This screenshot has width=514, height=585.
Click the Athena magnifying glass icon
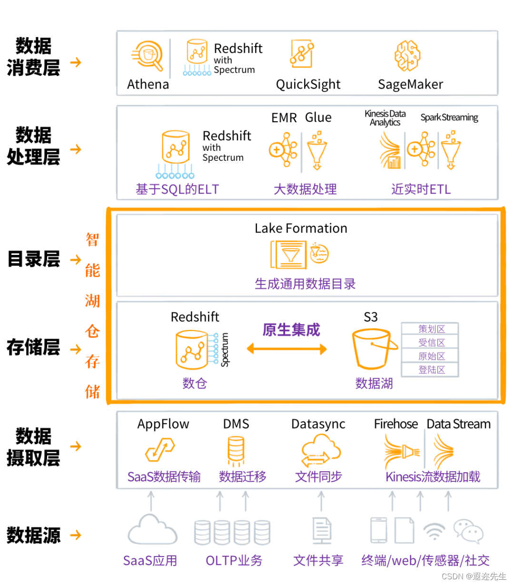coord(148,57)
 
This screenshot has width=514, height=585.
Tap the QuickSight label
coord(308,85)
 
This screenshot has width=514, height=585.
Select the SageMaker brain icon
coord(407,56)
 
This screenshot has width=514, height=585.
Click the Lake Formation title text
coord(301,228)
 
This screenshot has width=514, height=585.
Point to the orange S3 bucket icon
coord(374,349)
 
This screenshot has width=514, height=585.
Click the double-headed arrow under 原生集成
coord(287,349)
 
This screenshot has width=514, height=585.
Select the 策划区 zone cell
coord(431,329)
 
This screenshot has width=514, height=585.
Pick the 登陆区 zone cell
coord(431,370)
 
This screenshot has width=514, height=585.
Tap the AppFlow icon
coord(160,449)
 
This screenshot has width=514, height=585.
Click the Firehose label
coord(395,424)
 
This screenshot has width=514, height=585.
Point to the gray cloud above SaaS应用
coord(152,530)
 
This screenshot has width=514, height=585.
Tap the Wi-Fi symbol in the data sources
coord(434,531)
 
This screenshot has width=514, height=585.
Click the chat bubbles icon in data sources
coord(468,531)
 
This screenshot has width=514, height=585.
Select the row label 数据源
coord(33,536)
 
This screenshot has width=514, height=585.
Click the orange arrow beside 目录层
coord(75,260)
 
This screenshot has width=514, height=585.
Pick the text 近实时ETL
coord(421,189)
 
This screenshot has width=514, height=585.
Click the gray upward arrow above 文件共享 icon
coord(321,501)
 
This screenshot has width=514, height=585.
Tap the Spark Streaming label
coord(449,117)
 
